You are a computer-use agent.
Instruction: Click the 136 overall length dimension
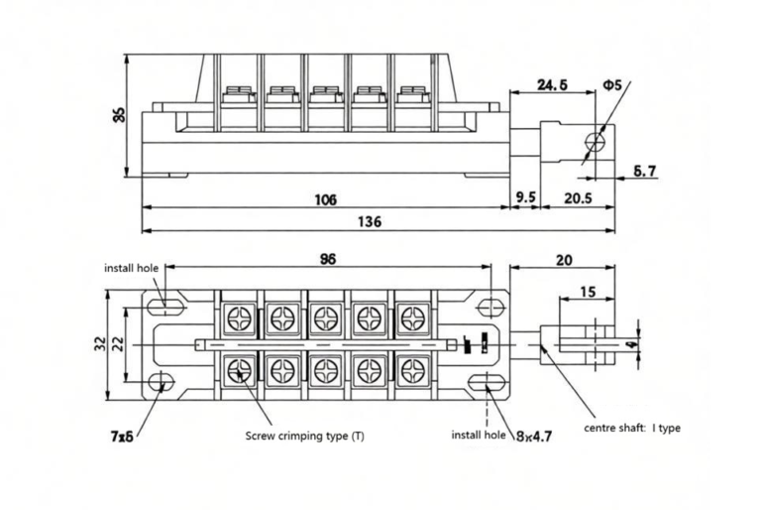click(x=369, y=221)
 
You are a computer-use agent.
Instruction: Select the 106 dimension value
click(x=325, y=198)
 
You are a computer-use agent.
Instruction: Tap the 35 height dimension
click(x=119, y=114)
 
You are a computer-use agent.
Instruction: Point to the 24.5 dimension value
click(x=551, y=85)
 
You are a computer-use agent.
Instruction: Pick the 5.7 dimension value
click(x=644, y=172)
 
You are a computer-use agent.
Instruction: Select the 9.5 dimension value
click(x=525, y=198)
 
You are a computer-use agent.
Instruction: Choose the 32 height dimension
click(x=100, y=343)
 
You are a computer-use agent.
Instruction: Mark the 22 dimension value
click(x=118, y=343)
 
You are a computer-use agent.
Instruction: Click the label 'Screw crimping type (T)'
click(x=304, y=436)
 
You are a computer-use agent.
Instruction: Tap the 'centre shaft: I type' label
click(x=631, y=429)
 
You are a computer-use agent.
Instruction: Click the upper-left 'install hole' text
click(x=132, y=268)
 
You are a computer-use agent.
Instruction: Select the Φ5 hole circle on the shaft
click(x=595, y=140)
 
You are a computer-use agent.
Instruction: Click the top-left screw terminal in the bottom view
click(x=240, y=319)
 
